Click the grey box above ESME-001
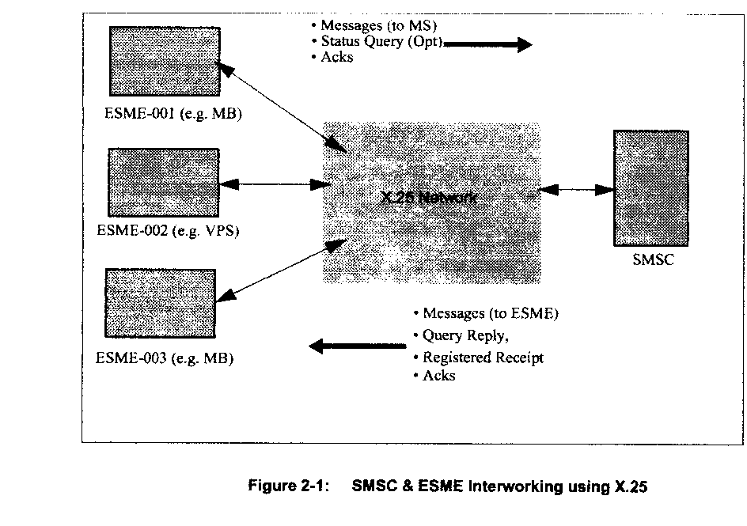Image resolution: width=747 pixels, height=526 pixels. point(165,62)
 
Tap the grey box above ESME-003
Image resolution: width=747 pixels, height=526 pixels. point(160,303)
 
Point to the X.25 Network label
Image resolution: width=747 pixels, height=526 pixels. point(428,197)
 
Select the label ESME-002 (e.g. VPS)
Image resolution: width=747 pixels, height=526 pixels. point(167,232)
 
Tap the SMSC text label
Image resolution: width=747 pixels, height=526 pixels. point(653,259)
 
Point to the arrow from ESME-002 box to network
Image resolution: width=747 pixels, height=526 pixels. point(275,184)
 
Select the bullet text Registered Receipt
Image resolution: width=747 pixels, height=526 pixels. point(478,358)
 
